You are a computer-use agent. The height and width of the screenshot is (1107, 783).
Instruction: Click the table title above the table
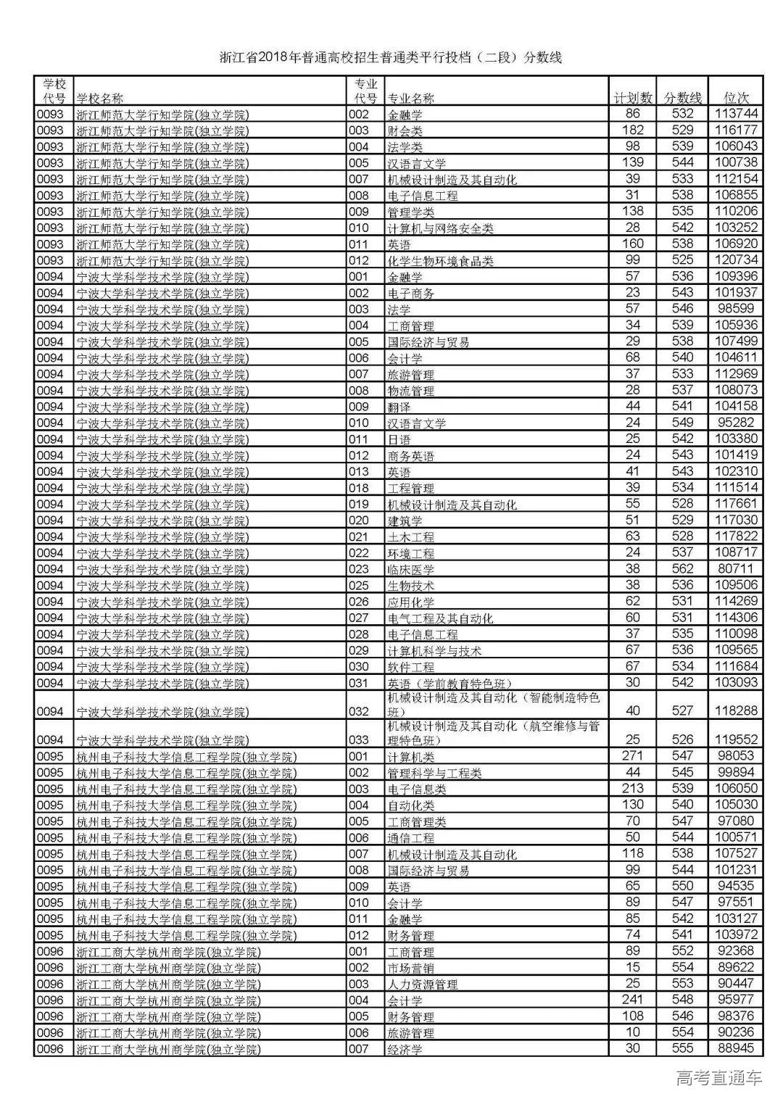tap(391, 57)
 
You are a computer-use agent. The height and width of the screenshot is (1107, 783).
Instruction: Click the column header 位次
tap(736, 98)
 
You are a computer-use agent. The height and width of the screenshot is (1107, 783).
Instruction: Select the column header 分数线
tap(682, 98)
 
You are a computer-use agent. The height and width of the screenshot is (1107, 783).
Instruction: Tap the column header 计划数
tap(632, 98)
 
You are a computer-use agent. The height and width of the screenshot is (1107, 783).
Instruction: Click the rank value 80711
tap(736, 569)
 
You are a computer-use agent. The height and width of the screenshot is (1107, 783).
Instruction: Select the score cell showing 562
tap(682, 569)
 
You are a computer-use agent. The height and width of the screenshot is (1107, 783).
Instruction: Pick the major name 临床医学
tap(410, 570)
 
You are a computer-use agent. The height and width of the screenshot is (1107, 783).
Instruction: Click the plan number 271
tap(632, 756)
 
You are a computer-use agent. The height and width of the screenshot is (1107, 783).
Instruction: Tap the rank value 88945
tap(736, 1048)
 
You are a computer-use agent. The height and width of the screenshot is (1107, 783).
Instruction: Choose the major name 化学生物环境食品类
tap(440, 261)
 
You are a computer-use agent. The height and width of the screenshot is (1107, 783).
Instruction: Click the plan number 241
tap(632, 1000)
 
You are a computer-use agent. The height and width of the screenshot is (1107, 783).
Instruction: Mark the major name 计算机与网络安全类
tap(440, 228)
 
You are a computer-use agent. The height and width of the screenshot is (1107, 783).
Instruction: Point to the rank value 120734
tap(736, 260)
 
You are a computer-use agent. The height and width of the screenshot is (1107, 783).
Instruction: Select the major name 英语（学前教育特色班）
tap(446, 683)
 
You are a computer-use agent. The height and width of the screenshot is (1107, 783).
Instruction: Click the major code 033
tap(358, 740)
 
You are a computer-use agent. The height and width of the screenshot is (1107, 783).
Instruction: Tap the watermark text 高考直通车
tap(718, 1078)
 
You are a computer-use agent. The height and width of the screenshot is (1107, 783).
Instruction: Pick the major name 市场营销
tap(410, 968)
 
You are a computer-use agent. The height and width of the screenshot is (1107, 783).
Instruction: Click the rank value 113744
tap(736, 114)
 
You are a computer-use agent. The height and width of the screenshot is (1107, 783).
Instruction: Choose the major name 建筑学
tap(405, 521)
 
